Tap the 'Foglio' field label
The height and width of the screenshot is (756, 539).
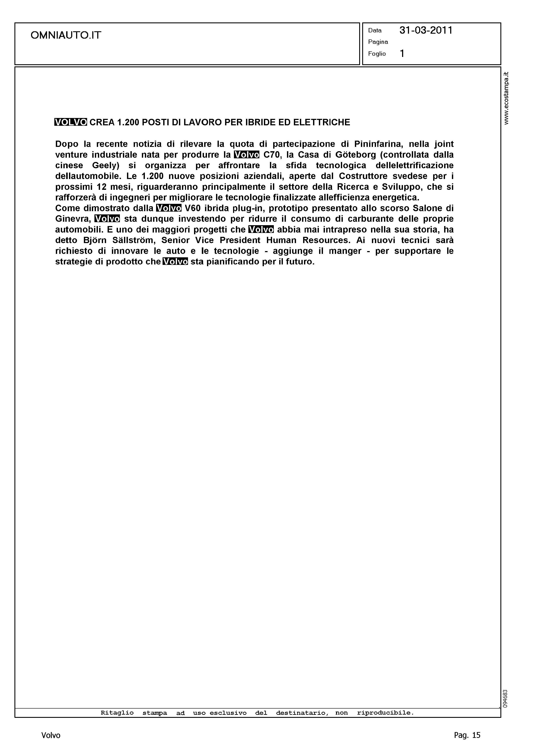[377, 54]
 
